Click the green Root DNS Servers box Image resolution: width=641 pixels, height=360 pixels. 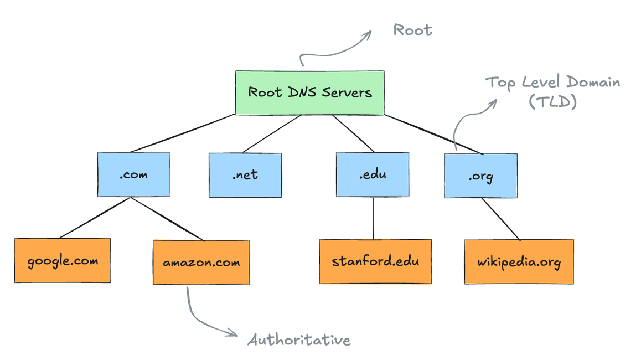(309, 92)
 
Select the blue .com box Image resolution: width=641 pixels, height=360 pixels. (133, 175)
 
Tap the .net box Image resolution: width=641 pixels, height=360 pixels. (245, 175)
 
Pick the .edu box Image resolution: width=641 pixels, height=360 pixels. (373, 175)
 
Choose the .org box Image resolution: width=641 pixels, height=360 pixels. (480, 176)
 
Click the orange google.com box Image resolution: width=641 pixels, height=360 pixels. (62, 260)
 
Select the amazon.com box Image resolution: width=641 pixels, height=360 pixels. (201, 263)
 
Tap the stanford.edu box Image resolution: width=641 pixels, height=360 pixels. (375, 261)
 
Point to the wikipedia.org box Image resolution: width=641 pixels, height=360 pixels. (519, 261)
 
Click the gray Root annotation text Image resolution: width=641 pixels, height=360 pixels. (412, 29)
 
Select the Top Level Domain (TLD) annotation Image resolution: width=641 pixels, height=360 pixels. (552, 92)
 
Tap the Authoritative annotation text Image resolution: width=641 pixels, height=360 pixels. (299, 339)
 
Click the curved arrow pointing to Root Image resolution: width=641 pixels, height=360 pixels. (332, 50)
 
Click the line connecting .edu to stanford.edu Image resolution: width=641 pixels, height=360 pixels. (373, 218)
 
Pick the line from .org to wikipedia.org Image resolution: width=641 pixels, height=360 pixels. (500, 219)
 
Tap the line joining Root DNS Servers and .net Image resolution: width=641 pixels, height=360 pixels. (271, 133)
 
